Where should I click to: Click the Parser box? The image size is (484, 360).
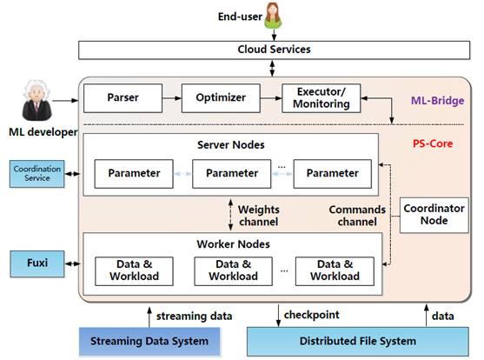123,98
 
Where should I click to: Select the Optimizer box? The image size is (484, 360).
221,98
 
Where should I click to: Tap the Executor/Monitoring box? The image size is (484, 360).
321,98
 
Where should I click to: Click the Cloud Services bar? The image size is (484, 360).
274,50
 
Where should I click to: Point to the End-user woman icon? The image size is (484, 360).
273,16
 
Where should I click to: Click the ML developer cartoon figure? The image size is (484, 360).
36,100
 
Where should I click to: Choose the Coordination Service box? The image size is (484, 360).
37,174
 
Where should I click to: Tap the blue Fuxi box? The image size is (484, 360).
37,263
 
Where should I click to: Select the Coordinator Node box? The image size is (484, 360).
434,215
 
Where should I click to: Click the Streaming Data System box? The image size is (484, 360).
149,342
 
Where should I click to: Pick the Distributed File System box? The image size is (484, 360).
358,342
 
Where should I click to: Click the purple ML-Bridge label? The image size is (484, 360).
437,100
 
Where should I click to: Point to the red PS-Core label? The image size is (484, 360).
433,143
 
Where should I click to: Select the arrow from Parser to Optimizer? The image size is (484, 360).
172,98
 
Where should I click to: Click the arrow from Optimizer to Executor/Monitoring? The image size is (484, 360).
271,98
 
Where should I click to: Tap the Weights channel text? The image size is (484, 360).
259,216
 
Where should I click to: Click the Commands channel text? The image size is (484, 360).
357,216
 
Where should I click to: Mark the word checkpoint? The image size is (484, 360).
311,315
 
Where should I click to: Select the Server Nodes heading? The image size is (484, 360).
231,145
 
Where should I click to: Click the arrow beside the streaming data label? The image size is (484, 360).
149,317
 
